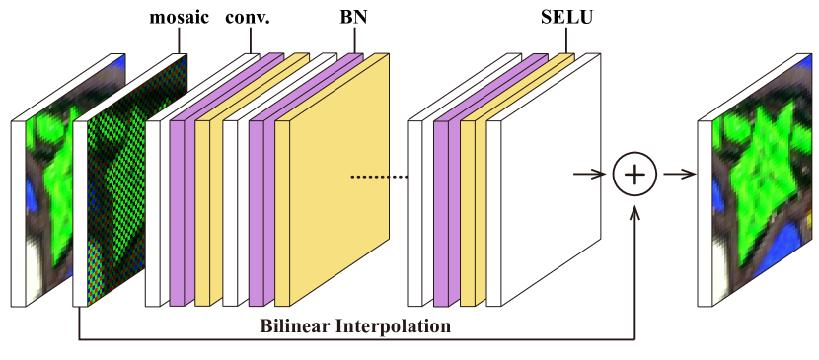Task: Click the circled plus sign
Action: pos(634,175)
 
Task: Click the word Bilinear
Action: pos(293,326)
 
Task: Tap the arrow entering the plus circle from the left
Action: pos(590,175)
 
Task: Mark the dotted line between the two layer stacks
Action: pos(379,178)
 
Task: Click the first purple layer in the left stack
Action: pos(177,212)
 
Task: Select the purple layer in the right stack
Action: pos(441,212)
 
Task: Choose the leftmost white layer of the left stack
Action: pos(152,212)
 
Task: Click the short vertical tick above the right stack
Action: pos(566,38)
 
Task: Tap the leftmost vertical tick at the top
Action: pos(179,38)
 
